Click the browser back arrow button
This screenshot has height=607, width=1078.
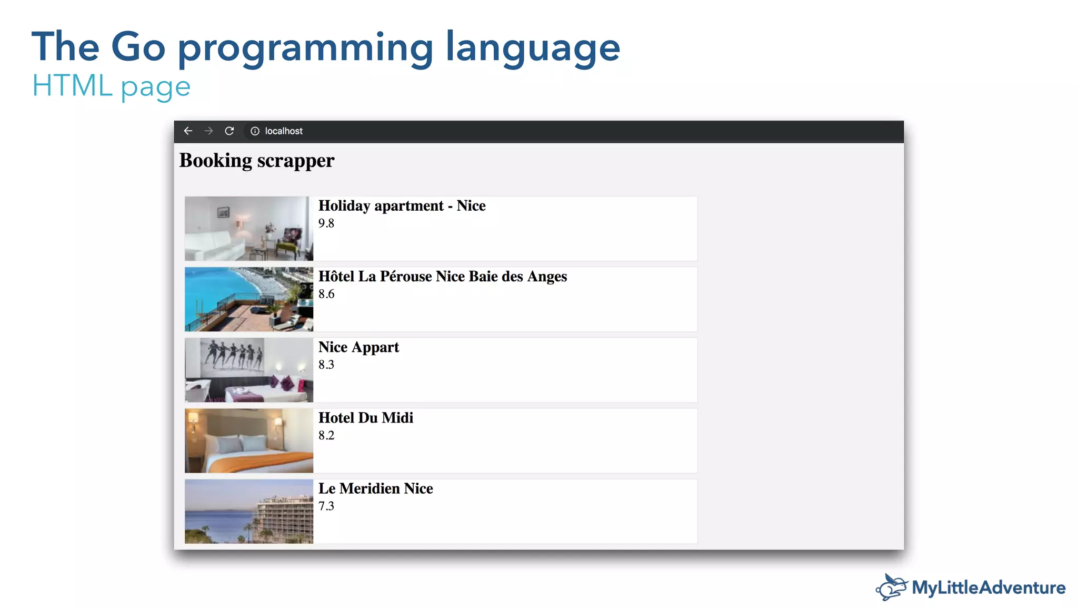pos(188,131)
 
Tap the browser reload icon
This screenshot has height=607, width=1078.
pos(229,131)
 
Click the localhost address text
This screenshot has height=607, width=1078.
pos(284,131)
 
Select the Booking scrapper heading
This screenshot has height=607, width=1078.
pos(257,161)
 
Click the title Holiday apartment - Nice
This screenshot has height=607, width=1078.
pos(402,206)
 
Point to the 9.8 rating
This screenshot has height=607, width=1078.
pos(326,223)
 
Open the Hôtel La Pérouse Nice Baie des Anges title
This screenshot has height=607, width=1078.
pos(443,277)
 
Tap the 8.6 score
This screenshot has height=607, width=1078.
pos(326,294)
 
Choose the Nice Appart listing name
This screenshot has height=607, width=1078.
pos(358,347)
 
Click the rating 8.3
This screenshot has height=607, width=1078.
pos(326,365)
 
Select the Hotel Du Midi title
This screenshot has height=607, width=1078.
pos(366,418)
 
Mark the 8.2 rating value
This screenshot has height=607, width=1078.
pos(326,435)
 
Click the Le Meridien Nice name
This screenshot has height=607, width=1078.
pos(376,488)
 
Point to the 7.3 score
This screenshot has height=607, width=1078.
pos(326,506)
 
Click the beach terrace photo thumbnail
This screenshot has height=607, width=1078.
pos(249,299)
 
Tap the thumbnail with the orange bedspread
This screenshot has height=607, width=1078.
pos(249,440)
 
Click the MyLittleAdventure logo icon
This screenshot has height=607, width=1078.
pos(892,588)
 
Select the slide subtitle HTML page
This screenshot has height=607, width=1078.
pos(111,86)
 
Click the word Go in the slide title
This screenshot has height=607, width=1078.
pos(138,47)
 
